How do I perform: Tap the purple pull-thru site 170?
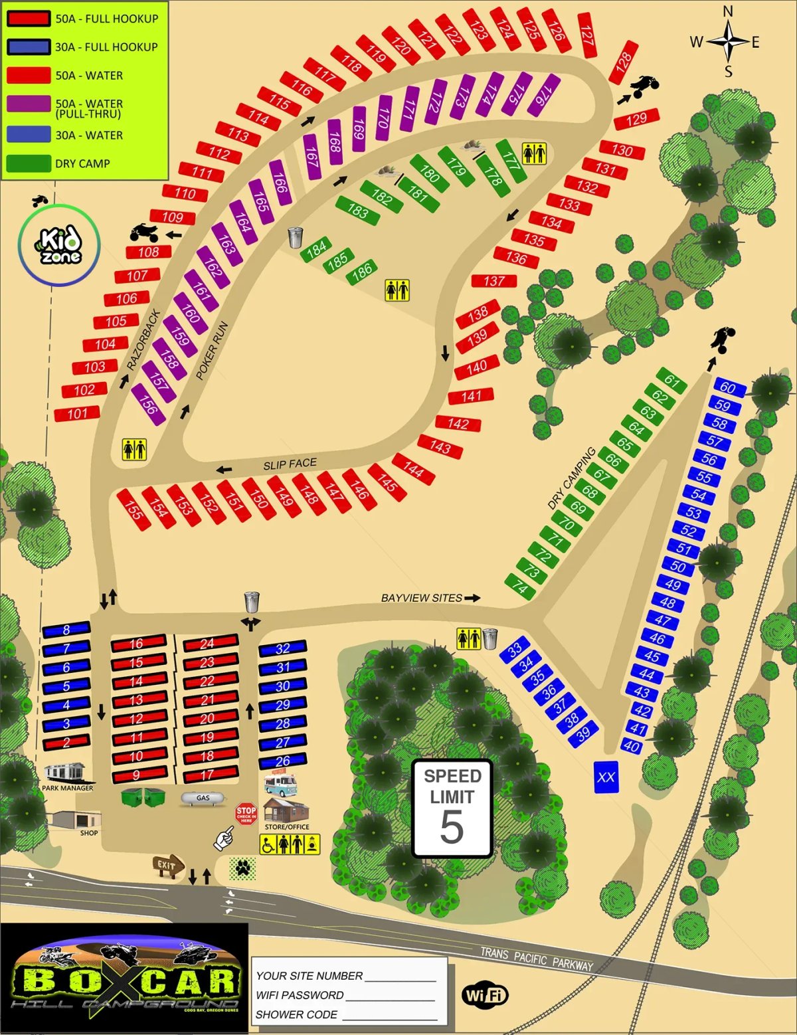click(383, 118)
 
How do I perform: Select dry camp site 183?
click(358, 211)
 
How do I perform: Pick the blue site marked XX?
click(606, 777)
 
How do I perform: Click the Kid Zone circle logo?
click(59, 245)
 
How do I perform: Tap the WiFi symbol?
click(485, 994)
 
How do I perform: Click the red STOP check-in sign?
click(246, 813)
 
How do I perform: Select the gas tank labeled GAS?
click(203, 798)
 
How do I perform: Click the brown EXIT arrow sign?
click(167, 866)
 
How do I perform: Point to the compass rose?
click(728, 41)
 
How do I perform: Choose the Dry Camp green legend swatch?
click(29, 163)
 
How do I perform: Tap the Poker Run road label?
click(213, 350)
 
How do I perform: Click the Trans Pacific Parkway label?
click(537, 959)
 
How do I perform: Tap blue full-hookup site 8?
click(66, 630)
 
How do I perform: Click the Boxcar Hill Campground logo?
click(124, 979)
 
